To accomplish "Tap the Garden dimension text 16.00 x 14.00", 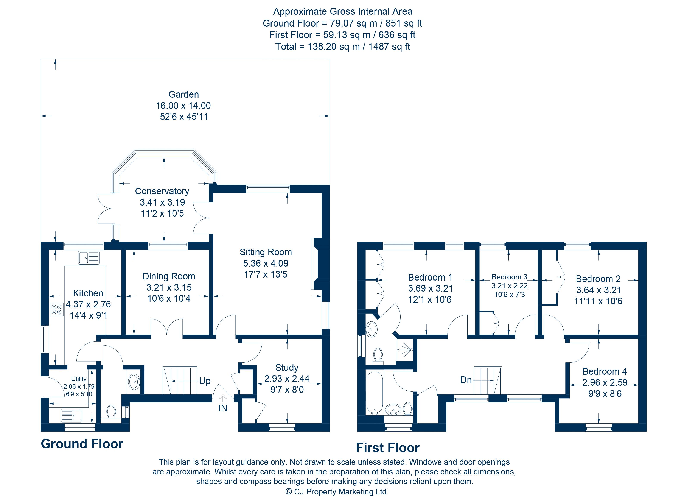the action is tap(183, 106).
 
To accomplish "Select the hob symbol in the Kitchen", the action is tap(57, 309).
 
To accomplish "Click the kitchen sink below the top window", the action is tap(89, 258).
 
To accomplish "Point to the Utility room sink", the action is tap(72, 415).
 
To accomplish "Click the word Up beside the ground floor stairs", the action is tap(205, 381).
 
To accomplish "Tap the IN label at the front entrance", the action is tap(223, 408).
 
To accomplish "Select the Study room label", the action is tap(287, 368).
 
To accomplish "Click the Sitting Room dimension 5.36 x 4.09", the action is tap(266, 263).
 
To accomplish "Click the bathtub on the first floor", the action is tap(375, 393).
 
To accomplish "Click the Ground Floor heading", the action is tap(82, 444).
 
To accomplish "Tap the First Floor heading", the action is tap(388, 448).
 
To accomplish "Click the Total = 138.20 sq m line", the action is tap(343, 47).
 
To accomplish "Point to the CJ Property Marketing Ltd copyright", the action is tap(336, 492).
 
